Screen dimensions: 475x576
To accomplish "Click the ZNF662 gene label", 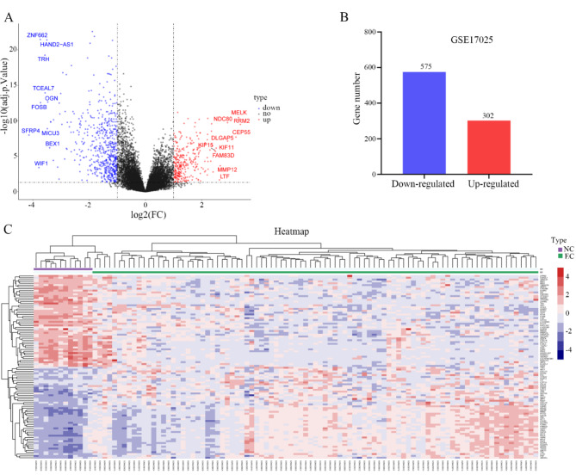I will coord(37,35).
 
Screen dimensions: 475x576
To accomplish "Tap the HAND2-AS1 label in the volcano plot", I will coord(57,44).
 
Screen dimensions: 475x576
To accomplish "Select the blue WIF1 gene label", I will coord(41,163).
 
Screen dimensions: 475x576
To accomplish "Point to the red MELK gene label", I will coord(239,113).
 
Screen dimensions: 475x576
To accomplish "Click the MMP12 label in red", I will coord(227,170).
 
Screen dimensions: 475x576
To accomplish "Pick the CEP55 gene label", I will coord(242,132).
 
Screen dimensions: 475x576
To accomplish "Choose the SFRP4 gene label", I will coord(31,130).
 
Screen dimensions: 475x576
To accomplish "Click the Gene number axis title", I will coord(354,103).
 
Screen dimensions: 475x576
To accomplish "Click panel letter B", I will coord(344,15).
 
